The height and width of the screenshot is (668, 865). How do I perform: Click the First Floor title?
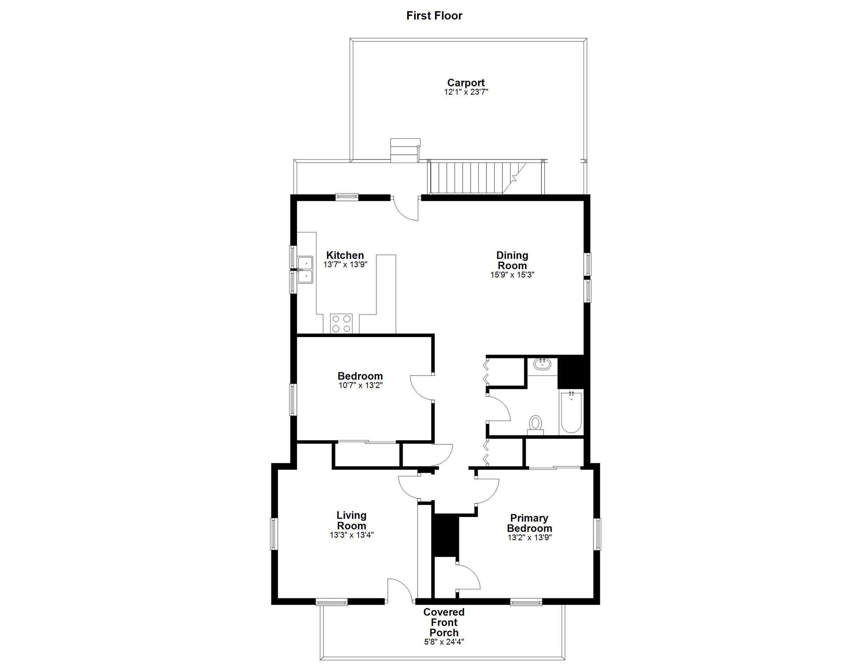434,16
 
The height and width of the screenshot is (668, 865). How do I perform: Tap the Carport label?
466,83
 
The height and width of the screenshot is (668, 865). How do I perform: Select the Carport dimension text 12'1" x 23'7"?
466,92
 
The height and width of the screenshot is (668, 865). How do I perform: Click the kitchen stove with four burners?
341,323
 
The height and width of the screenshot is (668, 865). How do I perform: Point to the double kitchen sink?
306,269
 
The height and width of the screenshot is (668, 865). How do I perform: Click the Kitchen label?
345,255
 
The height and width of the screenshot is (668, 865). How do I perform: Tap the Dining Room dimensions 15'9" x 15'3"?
512,275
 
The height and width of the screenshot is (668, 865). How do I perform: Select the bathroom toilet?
536,425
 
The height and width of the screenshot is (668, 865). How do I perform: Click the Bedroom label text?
360,376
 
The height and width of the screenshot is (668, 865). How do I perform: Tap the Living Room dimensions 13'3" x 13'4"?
351,535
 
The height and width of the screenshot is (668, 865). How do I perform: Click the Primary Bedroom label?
529,523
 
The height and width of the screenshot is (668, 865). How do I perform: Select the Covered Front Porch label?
444,622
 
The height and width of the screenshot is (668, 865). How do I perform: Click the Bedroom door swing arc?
421,388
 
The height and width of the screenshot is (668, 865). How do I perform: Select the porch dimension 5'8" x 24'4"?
444,642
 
